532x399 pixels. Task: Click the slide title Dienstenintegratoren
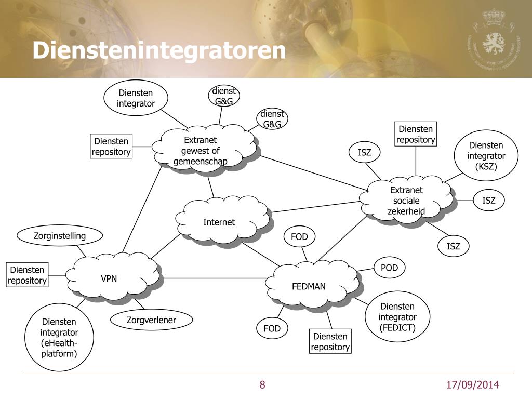(x=159, y=51)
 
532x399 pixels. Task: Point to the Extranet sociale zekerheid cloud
(x=406, y=200)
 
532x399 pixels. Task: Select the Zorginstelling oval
(x=60, y=236)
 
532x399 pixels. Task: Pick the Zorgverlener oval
(x=152, y=320)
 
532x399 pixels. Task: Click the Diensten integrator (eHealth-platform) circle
(x=59, y=338)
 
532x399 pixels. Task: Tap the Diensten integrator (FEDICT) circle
(x=397, y=316)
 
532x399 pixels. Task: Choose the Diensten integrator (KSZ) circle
(x=486, y=155)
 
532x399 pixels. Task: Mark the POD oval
(x=389, y=268)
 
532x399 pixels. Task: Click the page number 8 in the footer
(x=262, y=385)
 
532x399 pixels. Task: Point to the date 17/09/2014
(x=473, y=385)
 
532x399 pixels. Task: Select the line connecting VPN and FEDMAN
(x=213, y=278)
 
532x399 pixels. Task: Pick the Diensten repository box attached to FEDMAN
(x=330, y=342)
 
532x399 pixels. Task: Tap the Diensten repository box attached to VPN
(x=28, y=275)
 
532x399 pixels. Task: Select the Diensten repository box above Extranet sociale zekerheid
(x=416, y=134)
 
